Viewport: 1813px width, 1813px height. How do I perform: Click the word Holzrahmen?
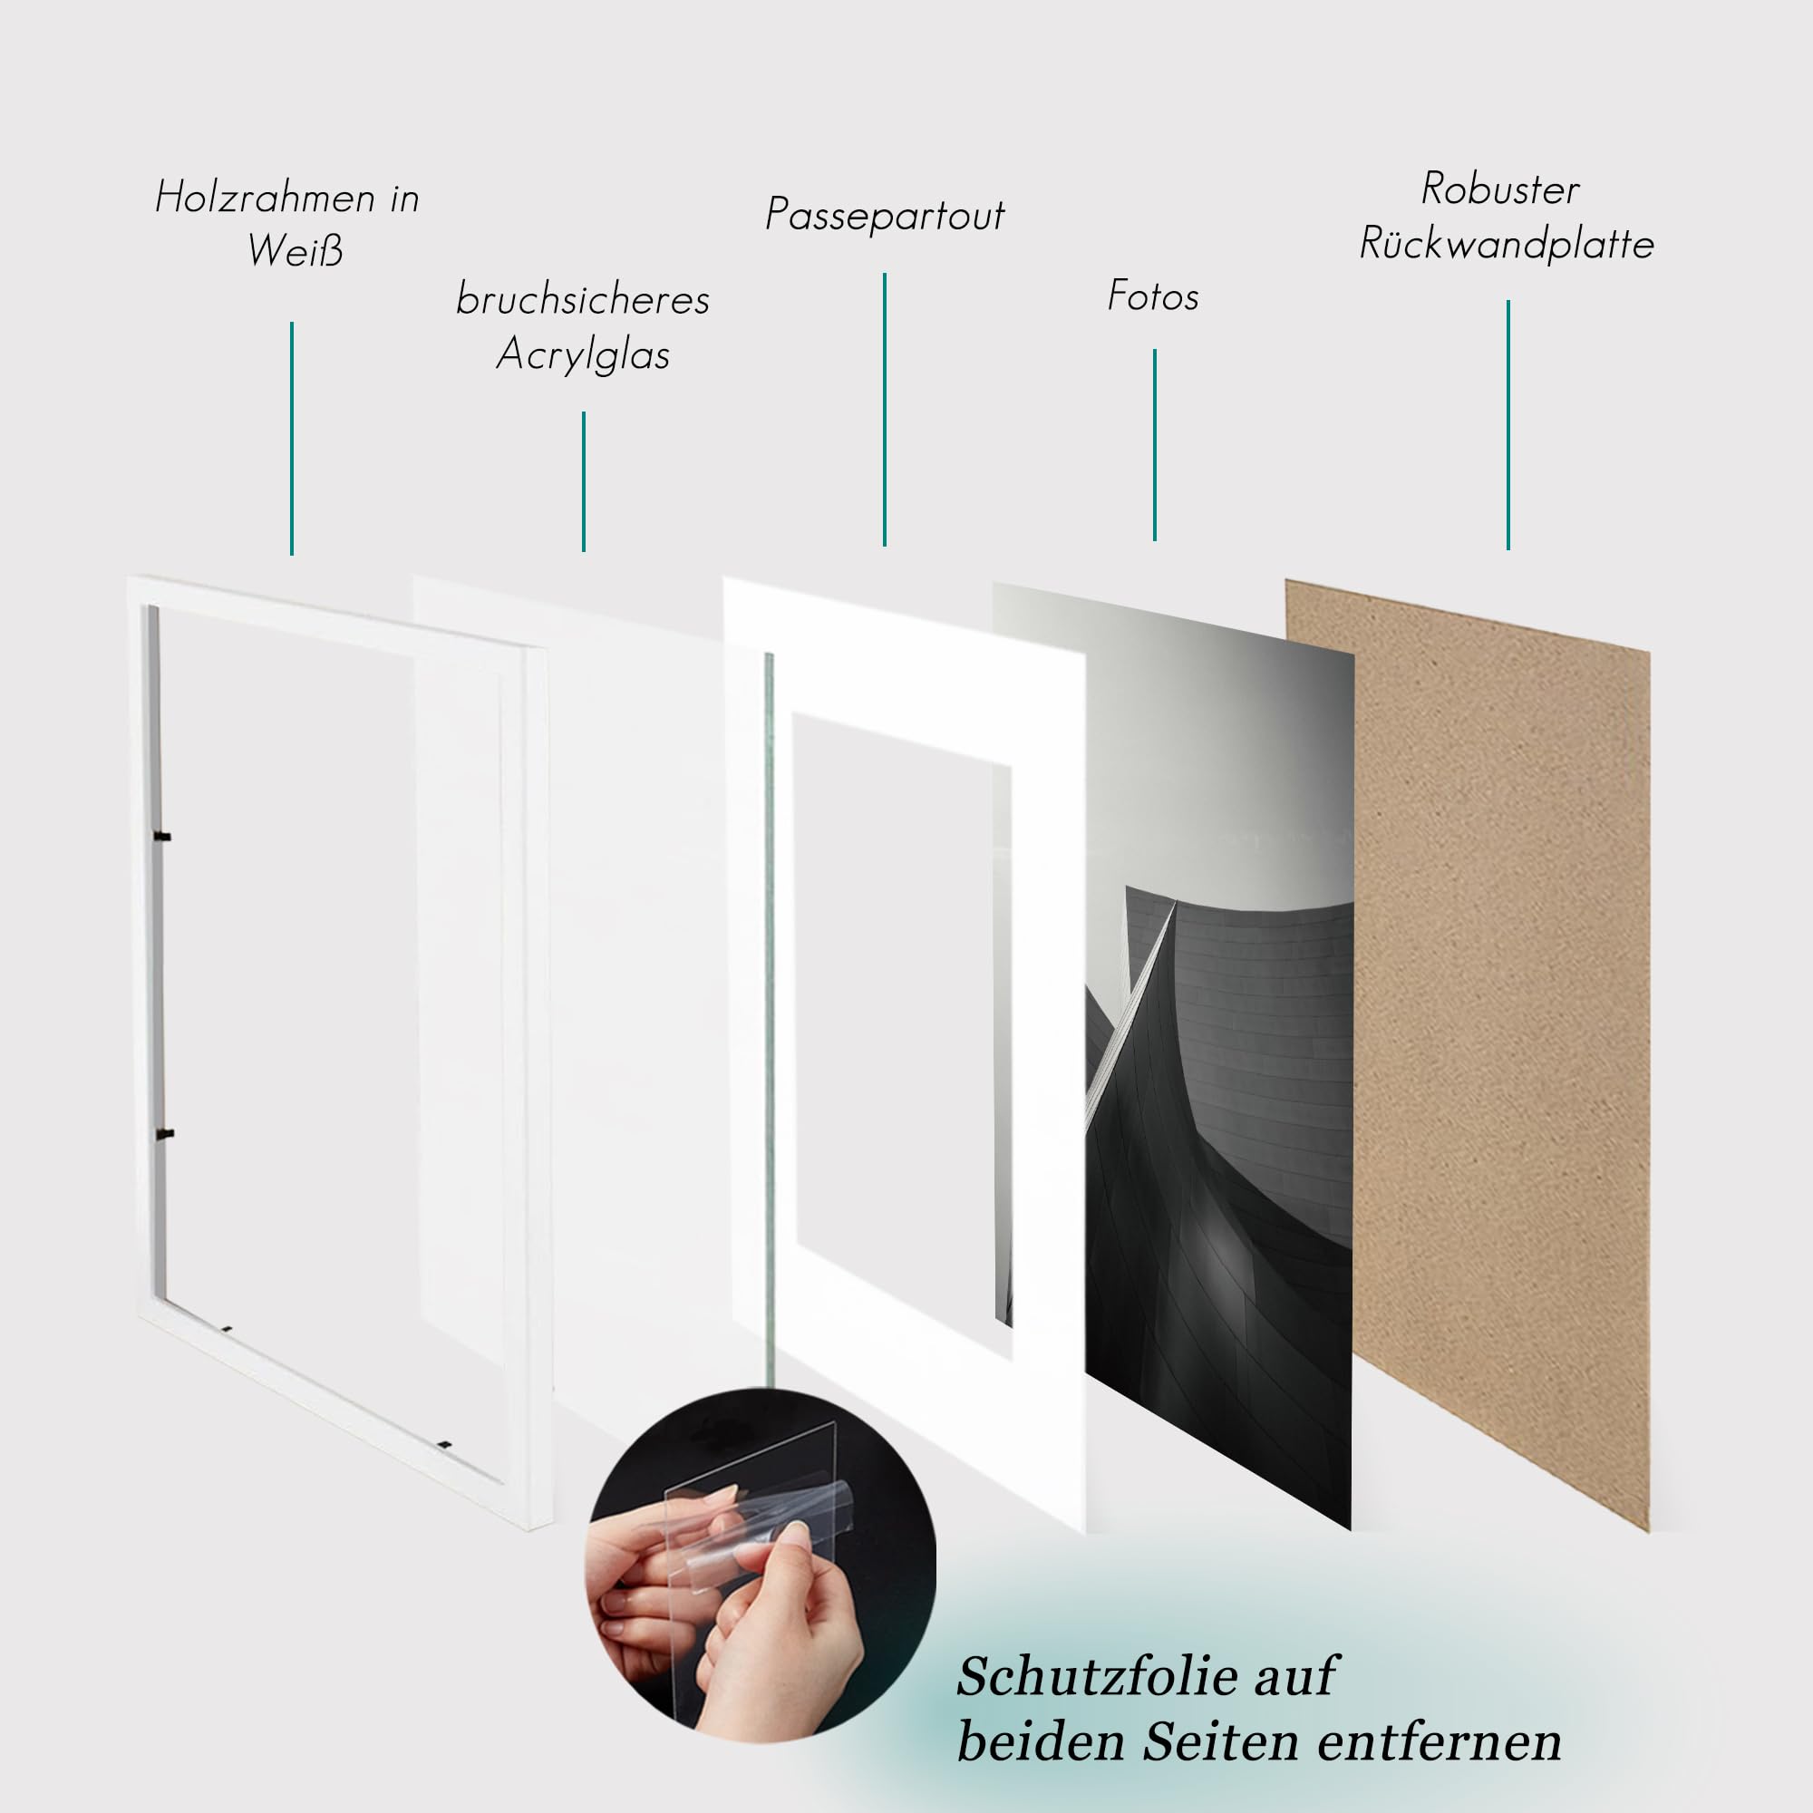click(265, 198)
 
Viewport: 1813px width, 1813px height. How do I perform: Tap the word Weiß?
click(296, 250)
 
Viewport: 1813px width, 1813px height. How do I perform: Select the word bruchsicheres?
click(583, 300)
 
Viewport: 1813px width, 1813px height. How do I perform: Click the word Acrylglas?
click(583, 355)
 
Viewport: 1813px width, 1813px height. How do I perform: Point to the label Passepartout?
click(885, 215)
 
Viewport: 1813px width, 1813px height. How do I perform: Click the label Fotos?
click(1153, 296)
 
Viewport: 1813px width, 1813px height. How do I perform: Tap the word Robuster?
click(1500, 189)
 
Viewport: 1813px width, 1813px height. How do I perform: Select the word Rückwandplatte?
click(1506, 245)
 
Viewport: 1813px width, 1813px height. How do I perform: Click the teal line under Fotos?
click(1154, 445)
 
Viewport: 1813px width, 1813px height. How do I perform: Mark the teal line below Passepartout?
click(884, 409)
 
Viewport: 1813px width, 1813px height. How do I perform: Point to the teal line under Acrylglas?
click(584, 481)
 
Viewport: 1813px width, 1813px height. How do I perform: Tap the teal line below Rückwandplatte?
click(1508, 425)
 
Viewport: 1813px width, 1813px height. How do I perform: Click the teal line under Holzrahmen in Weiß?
click(292, 438)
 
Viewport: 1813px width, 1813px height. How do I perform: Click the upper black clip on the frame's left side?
click(163, 835)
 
